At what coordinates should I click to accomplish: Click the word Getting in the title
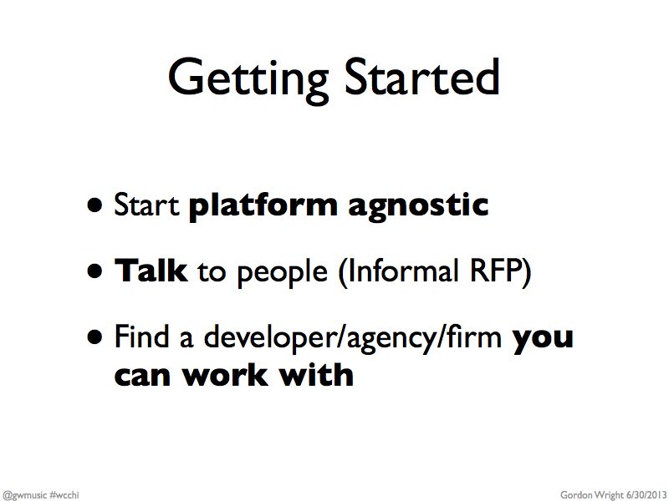248,81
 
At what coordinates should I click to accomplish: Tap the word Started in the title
422,77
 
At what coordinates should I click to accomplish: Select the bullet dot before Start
94,205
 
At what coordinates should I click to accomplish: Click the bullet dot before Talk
94,271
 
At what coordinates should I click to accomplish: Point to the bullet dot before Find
94,337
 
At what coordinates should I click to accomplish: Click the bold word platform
263,206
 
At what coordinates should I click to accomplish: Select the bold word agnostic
418,207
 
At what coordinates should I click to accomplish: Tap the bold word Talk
151,271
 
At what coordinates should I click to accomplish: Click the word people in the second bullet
282,274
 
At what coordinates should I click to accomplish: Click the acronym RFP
495,271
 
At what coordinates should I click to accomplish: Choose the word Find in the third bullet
141,336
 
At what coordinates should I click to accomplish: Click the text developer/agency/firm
353,339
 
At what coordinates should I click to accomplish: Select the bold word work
225,375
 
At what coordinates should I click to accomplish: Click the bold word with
316,374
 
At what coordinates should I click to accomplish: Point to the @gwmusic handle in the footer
24,495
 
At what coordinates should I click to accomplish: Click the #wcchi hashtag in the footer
64,494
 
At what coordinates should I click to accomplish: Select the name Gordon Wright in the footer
592,495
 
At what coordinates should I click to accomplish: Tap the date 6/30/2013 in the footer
646,494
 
